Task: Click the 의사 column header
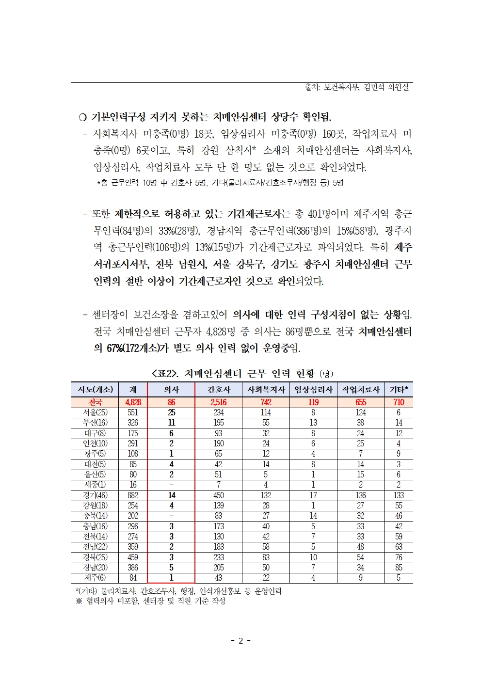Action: pos(171,390)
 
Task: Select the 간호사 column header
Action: pos(219,390)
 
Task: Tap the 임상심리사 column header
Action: pos(313,390)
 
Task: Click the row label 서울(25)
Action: pos(95,412)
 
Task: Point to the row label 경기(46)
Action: pos(95,495)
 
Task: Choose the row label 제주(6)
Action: pos(95,578)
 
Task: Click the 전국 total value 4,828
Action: pos(133,402)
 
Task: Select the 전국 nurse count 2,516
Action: pos(219,402)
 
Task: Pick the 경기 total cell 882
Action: pos(133,495)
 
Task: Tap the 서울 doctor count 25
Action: pos(171,412)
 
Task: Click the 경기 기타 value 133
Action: pos(399,495)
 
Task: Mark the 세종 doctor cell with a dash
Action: pos(171,485)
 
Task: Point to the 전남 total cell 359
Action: pos(133,547)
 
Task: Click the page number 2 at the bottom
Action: pos(240,641)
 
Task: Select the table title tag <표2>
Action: pos(165,374)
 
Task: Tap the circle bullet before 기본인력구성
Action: pos(82,117)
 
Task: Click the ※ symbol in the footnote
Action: pos(79,601)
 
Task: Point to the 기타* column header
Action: pos(399,390)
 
